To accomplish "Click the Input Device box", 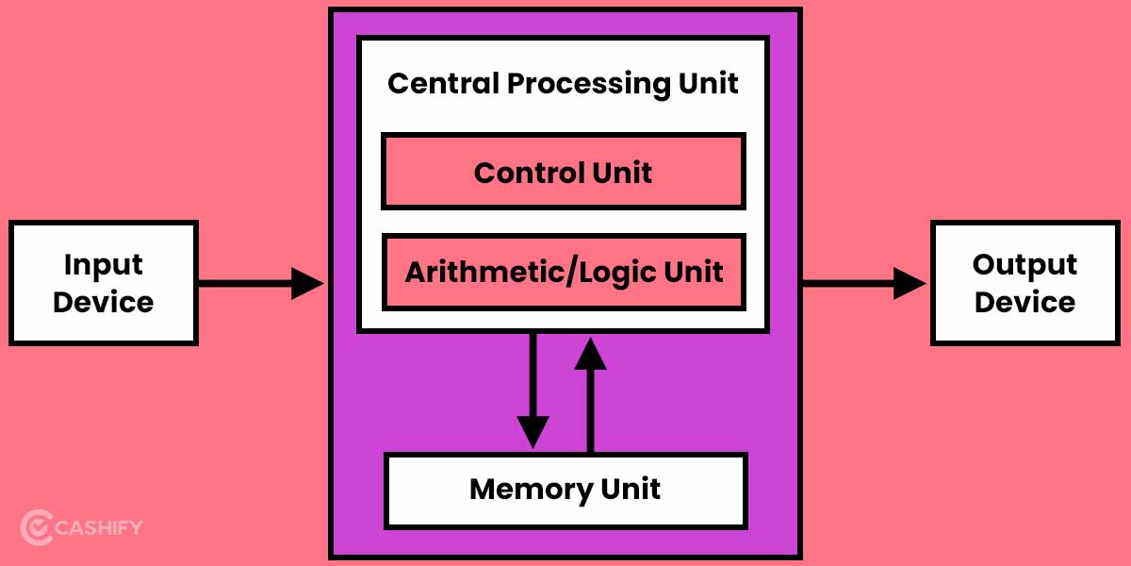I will pyautogui.click(x=103, y=283).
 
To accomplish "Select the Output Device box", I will pyautogui.click(x=1024, y=283).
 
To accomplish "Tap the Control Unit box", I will pyautogui.click(x=563, y=172).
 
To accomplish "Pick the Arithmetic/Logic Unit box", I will pyautogui.click(x=563, y=272).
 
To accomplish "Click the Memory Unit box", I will pyautogui.click(x=565, y=490).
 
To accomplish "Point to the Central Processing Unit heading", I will pyautogui.click(x=563, y=83).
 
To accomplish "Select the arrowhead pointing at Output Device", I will pyautogui.click(x=910, y=283).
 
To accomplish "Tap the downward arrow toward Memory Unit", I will pyautogui.click(x=533, y=396).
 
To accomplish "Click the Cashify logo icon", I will pyautogui.click(x=36, y=526).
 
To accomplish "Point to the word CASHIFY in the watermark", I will pyautogui.click(x=99, y=526).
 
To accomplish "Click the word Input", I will pyautogui.click(x=103, y=264).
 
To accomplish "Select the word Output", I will pyautogui.click(x=1024, y=264).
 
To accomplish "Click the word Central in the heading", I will pyautogui.click(x=443, y=83).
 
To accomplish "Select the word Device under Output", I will pyautogui.click(x=1024, y=303).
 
